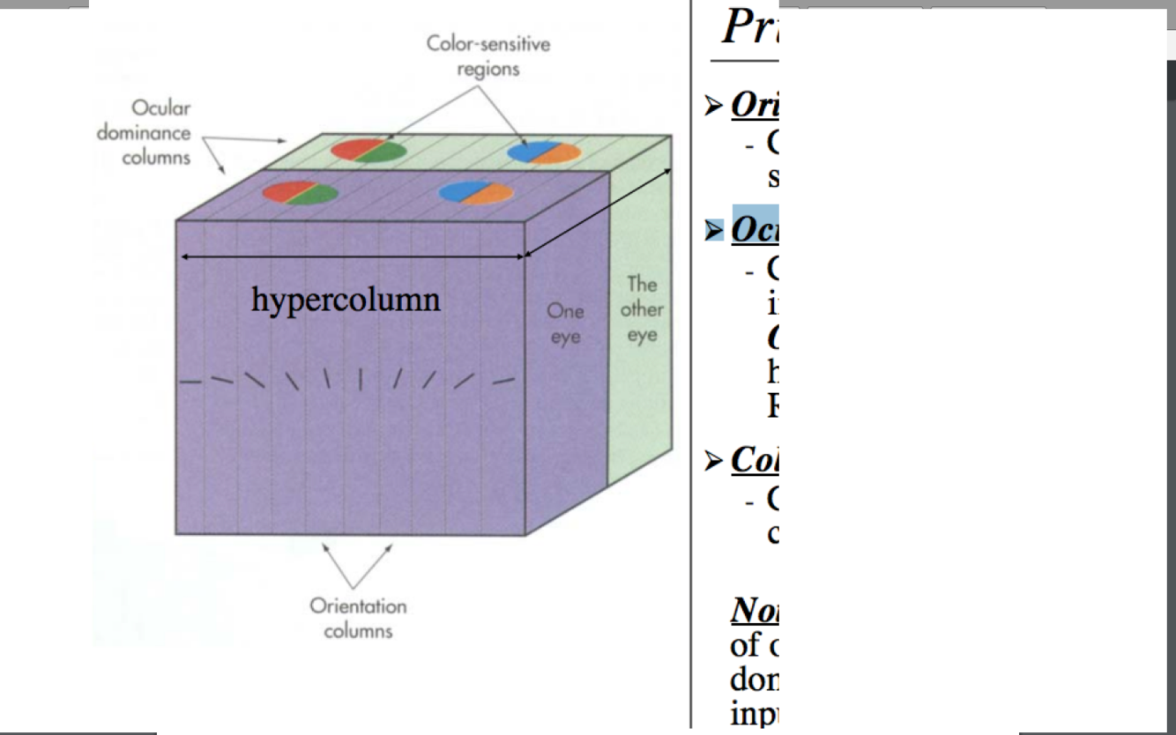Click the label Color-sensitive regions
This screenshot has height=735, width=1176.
click(488, 56)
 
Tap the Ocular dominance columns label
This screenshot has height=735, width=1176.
click(144, 132)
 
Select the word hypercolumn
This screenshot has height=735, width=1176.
click(346, 299)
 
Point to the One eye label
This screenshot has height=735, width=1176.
click(565, 323)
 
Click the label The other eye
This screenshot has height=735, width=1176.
click(641, 309)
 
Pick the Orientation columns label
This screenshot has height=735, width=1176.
click(358, 618)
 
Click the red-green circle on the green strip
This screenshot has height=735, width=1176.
click(368, 151)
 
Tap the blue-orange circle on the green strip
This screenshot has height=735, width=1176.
click(544, 152)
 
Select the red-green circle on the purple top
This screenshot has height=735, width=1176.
click(300, 192)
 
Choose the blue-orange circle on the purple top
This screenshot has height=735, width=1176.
click(476, 193)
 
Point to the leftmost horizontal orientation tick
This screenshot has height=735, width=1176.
click(190, 382)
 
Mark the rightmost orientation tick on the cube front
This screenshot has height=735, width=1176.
click(503, 382)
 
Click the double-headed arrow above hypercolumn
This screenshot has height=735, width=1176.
click(352, 257)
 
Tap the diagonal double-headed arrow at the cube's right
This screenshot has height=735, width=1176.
click(599, 212)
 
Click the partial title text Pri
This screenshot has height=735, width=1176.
click(749, 26)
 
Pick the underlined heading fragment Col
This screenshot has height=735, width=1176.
click(754, 459)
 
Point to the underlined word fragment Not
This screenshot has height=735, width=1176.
click(754, 609)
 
